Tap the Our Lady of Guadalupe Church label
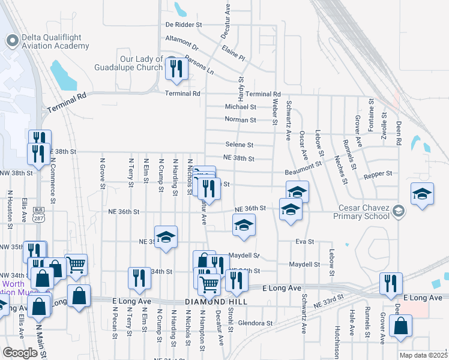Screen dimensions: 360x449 point(133,63)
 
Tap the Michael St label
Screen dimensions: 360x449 point(240,107)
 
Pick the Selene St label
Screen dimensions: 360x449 point(239,145)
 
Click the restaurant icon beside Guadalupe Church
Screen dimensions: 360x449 point(177,70)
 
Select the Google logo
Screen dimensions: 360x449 point(20,353)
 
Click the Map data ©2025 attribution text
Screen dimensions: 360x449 point(423,355)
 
